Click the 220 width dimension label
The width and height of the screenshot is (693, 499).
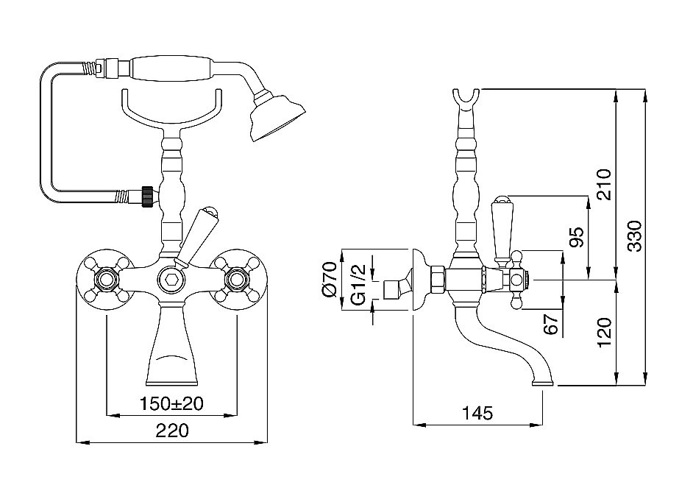(x=172, y=430)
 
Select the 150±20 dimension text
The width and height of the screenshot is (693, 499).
(x=171, y=403)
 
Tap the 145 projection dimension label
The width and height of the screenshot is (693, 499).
(x=477, y=413)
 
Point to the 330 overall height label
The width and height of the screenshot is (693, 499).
(x=635, y=236)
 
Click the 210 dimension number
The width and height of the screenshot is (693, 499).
(x=604, y=184)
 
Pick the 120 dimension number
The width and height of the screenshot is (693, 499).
(x=604, y=333)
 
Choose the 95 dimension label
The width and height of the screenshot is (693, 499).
(x=577, y=237)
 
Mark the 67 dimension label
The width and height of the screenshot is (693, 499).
(x=551, y=324)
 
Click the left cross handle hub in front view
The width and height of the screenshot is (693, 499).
(x=106, y=280)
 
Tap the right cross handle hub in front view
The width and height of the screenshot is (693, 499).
(x=237, y=280)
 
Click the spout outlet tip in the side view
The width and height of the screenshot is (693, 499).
(x=543, y=383)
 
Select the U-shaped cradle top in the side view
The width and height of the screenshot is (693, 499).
(x=466, y=99)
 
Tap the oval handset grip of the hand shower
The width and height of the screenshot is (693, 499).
(x=174, y=68)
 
